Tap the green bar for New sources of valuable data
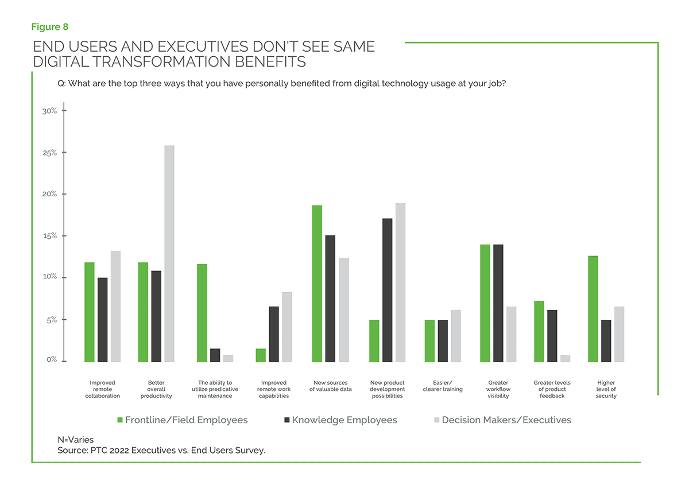[317, 284]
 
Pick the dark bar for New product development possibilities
[388, 290]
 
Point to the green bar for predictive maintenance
[202, 313]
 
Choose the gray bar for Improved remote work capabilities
[287, 327]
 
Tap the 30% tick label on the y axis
[49, 111]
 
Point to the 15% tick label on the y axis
[49, 236]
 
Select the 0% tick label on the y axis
[52, 360]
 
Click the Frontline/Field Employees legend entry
[183, 420]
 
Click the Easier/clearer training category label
[443, 386]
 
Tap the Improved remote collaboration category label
[102, 389]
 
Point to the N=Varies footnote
[76, 440]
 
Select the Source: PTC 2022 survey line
[161, 451]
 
